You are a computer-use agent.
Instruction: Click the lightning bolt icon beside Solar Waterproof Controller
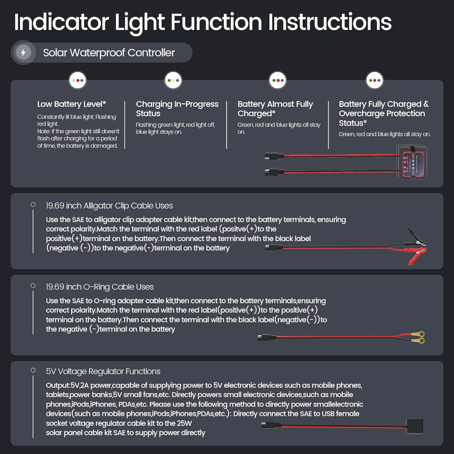(x=23, y=52)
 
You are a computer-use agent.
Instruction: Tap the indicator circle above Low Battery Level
(x=78, y=81)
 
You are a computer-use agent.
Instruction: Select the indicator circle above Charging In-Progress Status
(x=173, y=81)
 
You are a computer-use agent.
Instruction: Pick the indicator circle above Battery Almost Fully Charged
(x=278, y=81)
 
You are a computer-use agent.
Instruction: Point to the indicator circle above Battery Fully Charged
(x=375, y=81)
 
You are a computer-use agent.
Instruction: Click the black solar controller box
(x=412, y=162)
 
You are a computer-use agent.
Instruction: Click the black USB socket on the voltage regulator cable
(x=414, y=426)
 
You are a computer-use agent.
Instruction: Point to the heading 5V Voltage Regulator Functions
(x=103, y=371)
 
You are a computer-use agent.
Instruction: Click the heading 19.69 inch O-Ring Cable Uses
(x=100, y=287)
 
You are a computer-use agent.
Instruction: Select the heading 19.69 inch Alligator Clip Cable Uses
(x=109, y=206)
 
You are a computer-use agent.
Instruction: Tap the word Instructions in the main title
(x=330, y=22)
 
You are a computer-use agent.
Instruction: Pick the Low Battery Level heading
(x=71, y=104)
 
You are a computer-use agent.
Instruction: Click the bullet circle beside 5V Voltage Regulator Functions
(x=33, y=370)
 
